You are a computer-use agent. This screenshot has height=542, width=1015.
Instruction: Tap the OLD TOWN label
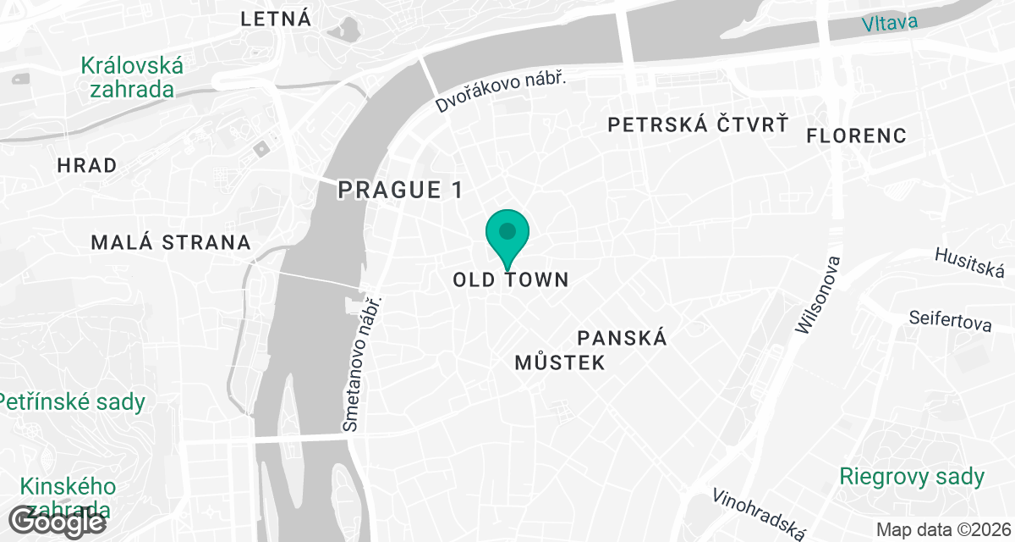tap(511, 279)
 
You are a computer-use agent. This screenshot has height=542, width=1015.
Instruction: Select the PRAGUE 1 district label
tap(400, 190)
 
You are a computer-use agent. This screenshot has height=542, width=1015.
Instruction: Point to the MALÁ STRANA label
tap(171, 243)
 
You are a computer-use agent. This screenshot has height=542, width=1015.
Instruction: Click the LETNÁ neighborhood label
tap(276, 19)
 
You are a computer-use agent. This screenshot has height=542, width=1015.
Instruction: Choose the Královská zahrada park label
tap(132, 77)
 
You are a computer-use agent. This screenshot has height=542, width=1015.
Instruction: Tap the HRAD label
tap(87, 165)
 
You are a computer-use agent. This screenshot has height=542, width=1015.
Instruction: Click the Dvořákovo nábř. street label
tap(500, 91)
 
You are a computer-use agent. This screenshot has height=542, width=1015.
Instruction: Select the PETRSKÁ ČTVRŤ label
tap(699, 125)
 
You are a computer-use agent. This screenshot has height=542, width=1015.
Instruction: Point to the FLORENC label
tap(856, 135)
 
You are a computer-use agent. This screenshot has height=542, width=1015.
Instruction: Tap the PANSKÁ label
tap(623, 338)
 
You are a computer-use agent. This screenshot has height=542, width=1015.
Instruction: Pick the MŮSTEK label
tap(560, 363)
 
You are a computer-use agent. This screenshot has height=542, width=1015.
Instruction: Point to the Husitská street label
tap(969, 263)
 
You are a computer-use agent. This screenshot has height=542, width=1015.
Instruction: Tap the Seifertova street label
tap(949, 322)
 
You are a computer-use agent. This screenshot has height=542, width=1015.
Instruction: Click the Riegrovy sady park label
tap(912, 477)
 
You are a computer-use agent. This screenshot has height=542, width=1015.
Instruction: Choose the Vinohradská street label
tap(759, 513)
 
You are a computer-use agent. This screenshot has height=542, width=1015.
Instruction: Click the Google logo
tap(58, 521)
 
